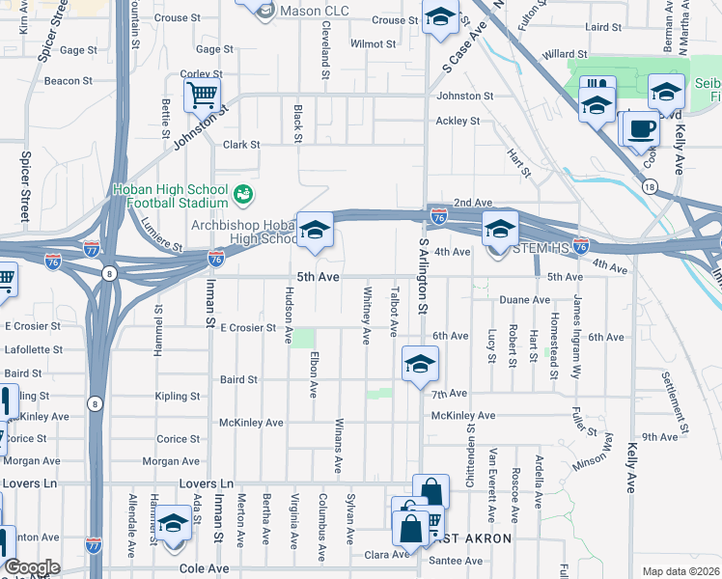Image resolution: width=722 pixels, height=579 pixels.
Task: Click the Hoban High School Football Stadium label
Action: click(170, 196)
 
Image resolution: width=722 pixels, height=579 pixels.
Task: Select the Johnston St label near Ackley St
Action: click(465, 96)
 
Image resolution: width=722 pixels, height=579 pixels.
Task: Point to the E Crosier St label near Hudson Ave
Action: click(248, 328)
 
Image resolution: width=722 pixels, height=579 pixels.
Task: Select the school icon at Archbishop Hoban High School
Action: click(314, 230)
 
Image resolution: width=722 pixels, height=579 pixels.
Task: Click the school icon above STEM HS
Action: click(500, 228)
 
